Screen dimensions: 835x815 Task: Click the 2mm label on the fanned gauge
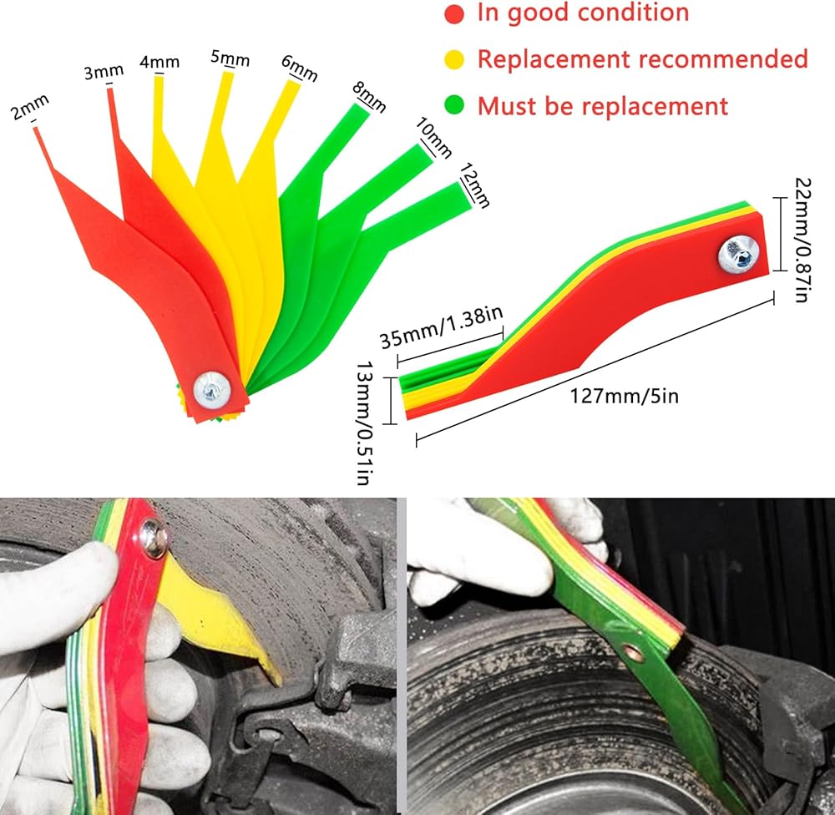30,107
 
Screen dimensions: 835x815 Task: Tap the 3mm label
104,72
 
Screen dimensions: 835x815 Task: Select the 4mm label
159,63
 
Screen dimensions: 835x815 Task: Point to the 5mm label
230,58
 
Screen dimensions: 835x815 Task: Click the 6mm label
299,68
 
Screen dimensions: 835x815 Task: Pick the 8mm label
369,96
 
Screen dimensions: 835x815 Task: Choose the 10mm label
433,138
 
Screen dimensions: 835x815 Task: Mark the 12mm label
474,185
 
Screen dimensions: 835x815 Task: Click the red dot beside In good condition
454,14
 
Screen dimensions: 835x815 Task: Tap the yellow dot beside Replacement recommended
454,59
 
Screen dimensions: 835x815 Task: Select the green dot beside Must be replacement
454,105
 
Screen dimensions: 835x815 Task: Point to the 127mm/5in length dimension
624,397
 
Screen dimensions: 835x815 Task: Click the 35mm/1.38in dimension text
442,327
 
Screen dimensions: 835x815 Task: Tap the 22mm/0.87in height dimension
802,240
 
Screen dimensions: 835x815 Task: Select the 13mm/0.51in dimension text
365,423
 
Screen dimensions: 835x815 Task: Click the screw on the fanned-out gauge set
212,391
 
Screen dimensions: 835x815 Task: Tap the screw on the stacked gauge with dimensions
739,254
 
